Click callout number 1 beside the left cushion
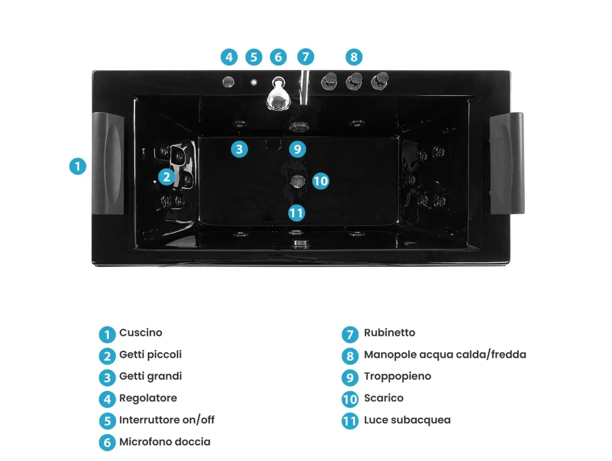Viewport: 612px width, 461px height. tap(77, 167)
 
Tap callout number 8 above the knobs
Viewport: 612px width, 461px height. tap(354, 57)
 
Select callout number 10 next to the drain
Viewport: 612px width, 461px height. tap(320, 181)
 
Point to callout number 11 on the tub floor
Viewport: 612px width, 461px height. tap(296, 213)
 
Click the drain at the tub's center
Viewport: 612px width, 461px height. tap(298, 181)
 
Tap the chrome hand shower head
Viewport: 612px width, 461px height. tap(278, 95)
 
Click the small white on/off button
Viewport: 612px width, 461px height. tap(254, 82)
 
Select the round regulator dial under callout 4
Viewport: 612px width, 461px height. tap(228, 82)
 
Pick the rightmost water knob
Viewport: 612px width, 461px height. tap(380, 81)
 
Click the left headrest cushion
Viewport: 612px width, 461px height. tap(108, 163)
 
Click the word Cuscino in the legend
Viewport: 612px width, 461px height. tap(141, 333)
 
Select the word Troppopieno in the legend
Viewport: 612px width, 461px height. tap(397, 376)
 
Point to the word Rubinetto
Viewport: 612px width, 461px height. tap(389, 333)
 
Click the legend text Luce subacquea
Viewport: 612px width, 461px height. tap(407, 420)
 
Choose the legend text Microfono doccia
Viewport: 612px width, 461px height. tap(165, 442)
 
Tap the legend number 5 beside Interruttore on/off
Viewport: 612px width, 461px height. tap(107, 421)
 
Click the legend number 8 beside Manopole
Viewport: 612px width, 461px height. tap(350, 356)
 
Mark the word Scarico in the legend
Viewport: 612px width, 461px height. tap(383, 398)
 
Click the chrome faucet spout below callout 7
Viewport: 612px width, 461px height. tap(304, 87)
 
